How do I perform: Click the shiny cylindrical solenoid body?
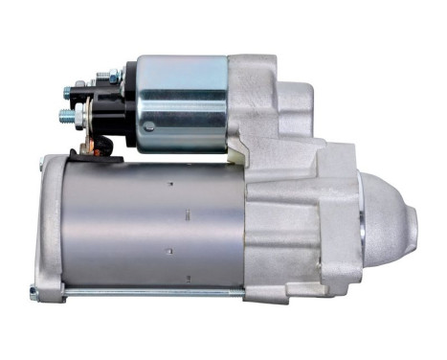click(182, 103)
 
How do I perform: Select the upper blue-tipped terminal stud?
click(70, 93)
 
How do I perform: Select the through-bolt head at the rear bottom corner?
click(34, 291)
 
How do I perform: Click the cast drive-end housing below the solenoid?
click(287, 220)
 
